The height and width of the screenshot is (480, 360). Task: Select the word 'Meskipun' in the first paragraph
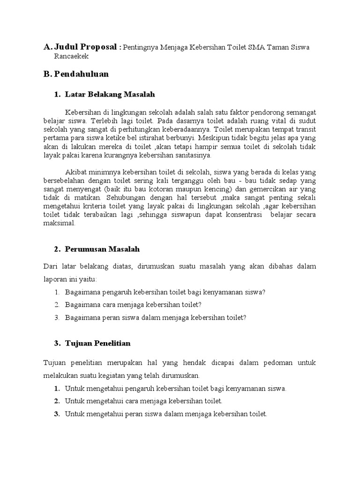pos(214,138)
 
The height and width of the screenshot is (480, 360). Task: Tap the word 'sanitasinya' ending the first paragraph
pos(193,155)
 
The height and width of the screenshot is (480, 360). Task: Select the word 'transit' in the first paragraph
pos(305,130)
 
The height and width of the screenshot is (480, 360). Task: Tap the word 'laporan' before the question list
pos(54,279)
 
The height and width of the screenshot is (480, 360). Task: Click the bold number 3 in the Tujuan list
pos(56,414)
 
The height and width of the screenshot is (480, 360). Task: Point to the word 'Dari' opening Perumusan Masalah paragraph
pos(50,266)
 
